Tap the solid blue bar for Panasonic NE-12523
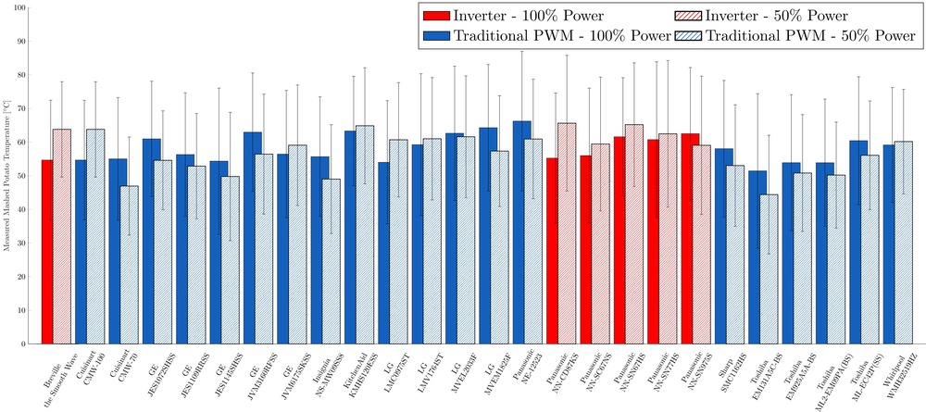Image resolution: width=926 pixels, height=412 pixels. pos(521,232)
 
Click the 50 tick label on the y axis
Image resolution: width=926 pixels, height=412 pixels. pos(21,176)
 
